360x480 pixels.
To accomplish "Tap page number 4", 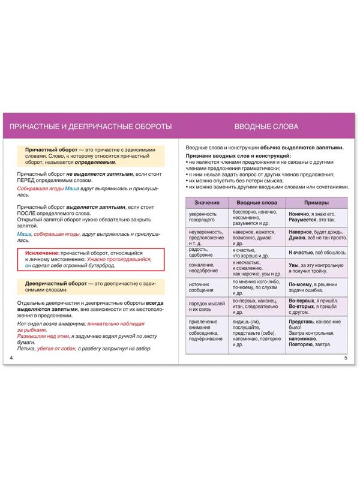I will pos(12,358).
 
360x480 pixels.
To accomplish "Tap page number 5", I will pos(346,358).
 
